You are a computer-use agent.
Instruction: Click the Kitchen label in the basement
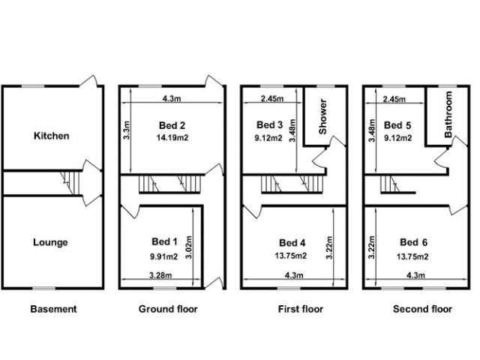[x=52, y=136]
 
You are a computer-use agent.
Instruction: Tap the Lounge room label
[x=50, y=242]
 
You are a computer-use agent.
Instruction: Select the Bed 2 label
[x=172, y=125]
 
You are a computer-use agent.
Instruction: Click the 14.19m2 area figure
[x=172, y=138]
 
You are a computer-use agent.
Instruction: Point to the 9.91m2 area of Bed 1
[x=163, y=256]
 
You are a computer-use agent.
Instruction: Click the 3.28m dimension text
[x=160, y=275]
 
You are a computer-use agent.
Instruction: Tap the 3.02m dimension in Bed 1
[x=188, y=247]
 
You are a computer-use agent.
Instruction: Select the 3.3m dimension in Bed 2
[x=127, y=130]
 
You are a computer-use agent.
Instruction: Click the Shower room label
[x=323, y=116]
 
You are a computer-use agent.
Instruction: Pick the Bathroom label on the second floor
[x=448, y=115]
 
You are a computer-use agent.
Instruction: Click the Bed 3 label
[x=270, y=124]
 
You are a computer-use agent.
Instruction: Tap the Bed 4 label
[x=292, y=243]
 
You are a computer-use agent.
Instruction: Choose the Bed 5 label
[x=397, y=125]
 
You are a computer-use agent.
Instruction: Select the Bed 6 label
[x=414, y=242]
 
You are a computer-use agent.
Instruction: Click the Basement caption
[x=53, y=309]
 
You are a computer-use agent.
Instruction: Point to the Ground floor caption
[x=168, y=309]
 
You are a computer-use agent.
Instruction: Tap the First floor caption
[x=301, y=309]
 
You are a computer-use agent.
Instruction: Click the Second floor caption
[x=422, y=309]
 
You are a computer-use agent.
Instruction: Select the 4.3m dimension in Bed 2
[x=172, y=98]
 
